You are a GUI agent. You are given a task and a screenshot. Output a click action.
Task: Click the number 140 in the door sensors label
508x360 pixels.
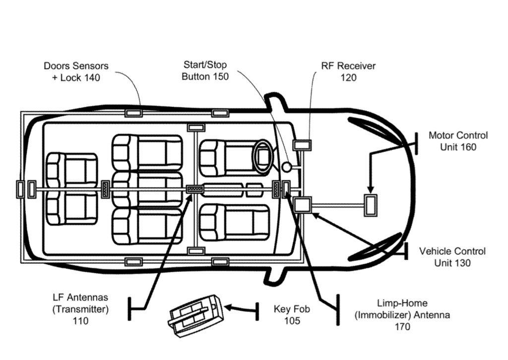pyautogui.click(x=90, y=78)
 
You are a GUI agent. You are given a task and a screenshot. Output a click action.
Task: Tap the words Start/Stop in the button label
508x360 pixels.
pyautogui.click(x=205, y=66)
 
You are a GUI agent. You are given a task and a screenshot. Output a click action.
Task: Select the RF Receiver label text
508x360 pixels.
pyautogui.click(x=348, y=66)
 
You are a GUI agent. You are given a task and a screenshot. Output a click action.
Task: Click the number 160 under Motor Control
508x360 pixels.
pyautogui.click(x=465, y=147)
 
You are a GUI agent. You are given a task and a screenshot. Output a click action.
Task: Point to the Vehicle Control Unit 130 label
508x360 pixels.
pyautogui.click(x=452, y=257)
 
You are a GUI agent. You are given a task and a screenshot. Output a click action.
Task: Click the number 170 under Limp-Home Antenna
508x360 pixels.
pyautogui.click(x=402, y=327)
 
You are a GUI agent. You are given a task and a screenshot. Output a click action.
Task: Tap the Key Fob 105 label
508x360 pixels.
pyautogui.click(x=292, y=315)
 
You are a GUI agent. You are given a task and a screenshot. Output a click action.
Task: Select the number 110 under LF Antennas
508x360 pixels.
pyautogui.click(x=80, y=321)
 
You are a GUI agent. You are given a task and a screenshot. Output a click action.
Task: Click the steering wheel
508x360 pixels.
pyautogui.click(x=263, y=155)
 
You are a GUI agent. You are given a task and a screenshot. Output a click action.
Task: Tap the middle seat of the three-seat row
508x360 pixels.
pyautogui.click(x=147, y=189)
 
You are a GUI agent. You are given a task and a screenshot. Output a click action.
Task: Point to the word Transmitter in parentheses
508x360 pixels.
pyautogui.click(x=80, y=309)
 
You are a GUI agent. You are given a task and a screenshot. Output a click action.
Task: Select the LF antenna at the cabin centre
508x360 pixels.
pyautogui.click(x=195, y=189)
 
